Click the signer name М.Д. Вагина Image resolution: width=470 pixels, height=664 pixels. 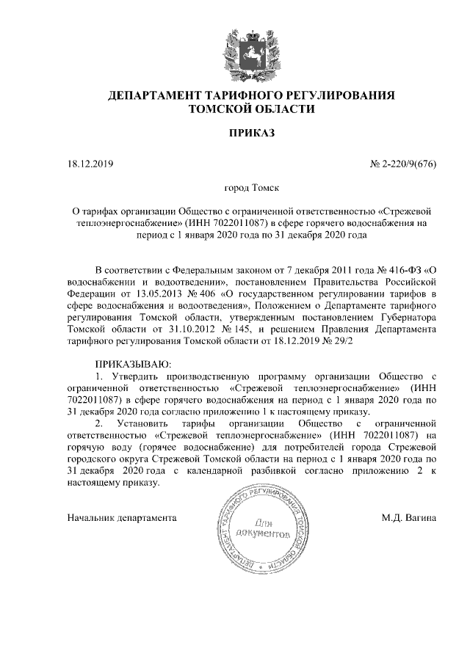pos(409,518)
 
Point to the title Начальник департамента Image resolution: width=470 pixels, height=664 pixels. pos(122,518)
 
